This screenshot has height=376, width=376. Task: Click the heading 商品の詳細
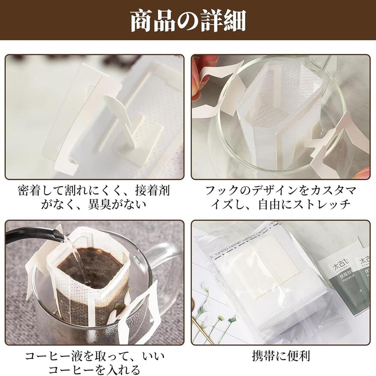coord(188,21)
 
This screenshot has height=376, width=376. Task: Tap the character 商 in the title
coord(142,21)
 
